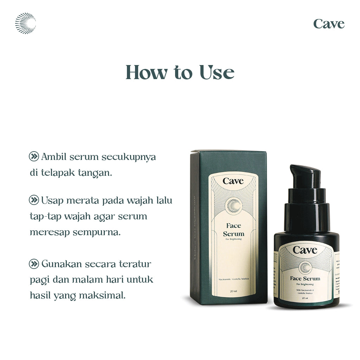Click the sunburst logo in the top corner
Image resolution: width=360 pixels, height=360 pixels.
tap(25, 23)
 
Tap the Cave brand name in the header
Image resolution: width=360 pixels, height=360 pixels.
tap(329, 24)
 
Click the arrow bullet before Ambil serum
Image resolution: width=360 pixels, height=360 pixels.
tap(34, 157)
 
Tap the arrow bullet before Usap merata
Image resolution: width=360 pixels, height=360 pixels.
tap(34, 200)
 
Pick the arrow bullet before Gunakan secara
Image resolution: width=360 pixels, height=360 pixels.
tap(34, 264)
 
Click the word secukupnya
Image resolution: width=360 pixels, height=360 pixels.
tap(129, 157)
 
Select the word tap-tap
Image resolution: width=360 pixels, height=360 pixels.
tap(45, 217)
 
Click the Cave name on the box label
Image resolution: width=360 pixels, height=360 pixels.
tap(233, 181)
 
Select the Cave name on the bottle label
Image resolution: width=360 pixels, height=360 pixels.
tap(305, 250)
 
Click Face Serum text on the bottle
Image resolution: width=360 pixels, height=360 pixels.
tap(305, 278)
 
